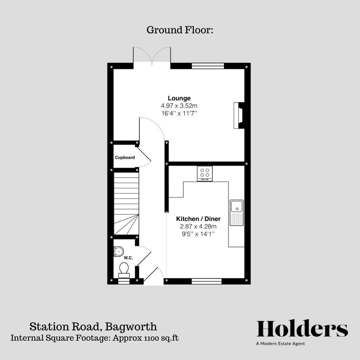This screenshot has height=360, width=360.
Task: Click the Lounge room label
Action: click(179, 98)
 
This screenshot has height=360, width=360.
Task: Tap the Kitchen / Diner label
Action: click(198, 219)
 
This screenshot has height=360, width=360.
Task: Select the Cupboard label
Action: click(125, 157)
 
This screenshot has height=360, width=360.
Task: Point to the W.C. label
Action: click(128, 258)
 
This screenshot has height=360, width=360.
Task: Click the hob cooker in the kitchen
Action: click(205, 173)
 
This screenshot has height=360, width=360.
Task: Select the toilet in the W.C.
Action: click(124, 269)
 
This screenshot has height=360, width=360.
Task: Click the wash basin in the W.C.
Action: click(118, 251)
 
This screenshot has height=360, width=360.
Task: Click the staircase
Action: click(126, 203)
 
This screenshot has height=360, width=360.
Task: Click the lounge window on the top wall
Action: click(208, 66)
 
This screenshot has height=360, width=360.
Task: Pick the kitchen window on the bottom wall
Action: click(207, 281)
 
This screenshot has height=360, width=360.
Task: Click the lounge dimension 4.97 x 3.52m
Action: click(179, 106)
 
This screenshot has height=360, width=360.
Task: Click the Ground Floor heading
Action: click(180, 30)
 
